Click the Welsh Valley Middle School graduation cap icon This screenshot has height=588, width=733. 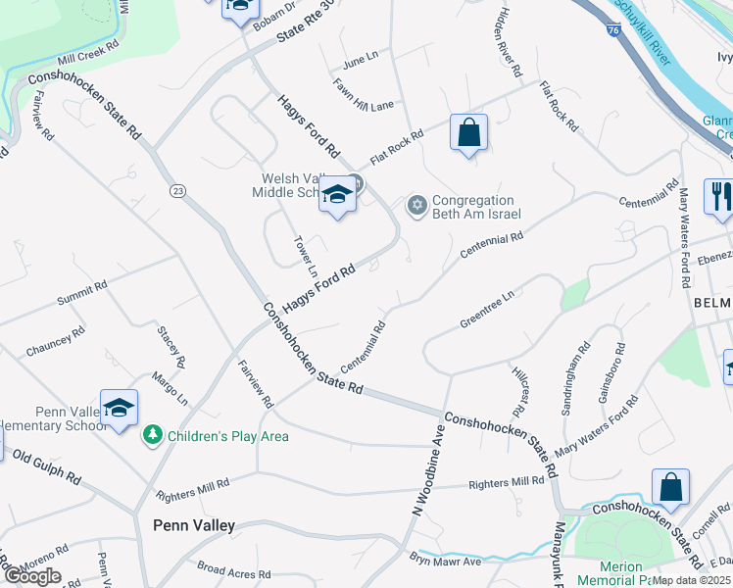[336, 196]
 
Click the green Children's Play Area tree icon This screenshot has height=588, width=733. [152, 433]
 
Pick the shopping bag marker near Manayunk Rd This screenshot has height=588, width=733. [671, 486]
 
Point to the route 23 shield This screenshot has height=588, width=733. [177, 189]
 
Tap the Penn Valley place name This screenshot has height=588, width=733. [194, 525]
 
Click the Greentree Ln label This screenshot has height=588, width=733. [487, 310]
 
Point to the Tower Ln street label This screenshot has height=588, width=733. [307, 257]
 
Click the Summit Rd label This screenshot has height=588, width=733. [81, 295]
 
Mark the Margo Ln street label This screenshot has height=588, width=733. [170, 388]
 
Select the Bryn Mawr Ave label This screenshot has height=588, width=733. [446, 560]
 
